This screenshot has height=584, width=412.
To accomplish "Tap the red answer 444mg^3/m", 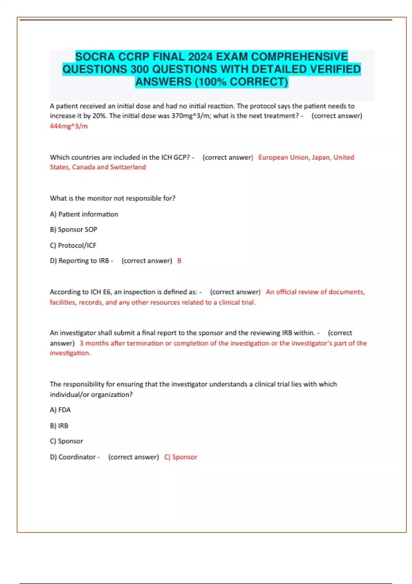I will (x=69, y=126).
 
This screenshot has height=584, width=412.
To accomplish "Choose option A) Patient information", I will (x=84, y=214).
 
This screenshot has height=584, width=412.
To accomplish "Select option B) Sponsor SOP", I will (x=73, y=229).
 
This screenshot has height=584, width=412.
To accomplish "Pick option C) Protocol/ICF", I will (x=73, y=245).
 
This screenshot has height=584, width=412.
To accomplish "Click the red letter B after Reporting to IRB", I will (x=179, y=261).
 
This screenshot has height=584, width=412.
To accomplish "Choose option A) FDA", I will (x=60, y=410).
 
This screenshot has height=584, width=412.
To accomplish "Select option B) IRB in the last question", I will (x=59, y=426).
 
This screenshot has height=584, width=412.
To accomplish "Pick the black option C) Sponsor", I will (x=66, y=441).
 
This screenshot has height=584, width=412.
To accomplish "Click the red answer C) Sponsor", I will (x=181, y=457).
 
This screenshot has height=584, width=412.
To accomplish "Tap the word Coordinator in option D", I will (x=77, y=457).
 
